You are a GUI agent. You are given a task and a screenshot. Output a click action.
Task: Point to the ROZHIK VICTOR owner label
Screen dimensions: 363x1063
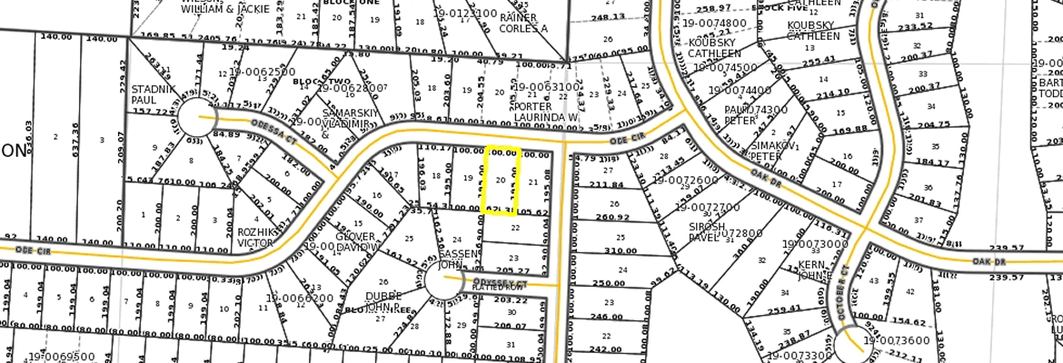tap(255, 236)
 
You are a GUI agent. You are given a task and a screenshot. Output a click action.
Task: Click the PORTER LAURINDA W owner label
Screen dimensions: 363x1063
tap(545, 111)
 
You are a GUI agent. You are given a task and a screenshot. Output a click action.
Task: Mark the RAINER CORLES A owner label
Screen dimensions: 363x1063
tap(525, 23)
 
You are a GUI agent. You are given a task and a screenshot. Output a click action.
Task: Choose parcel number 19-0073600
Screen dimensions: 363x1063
tap(897, 340)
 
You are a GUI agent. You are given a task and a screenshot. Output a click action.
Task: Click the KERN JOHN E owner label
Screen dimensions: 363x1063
tap(810, 270)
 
